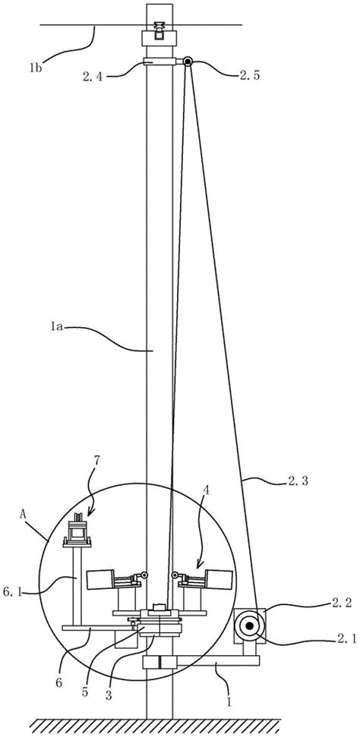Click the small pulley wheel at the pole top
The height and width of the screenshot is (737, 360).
click(x=188, y=61)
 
